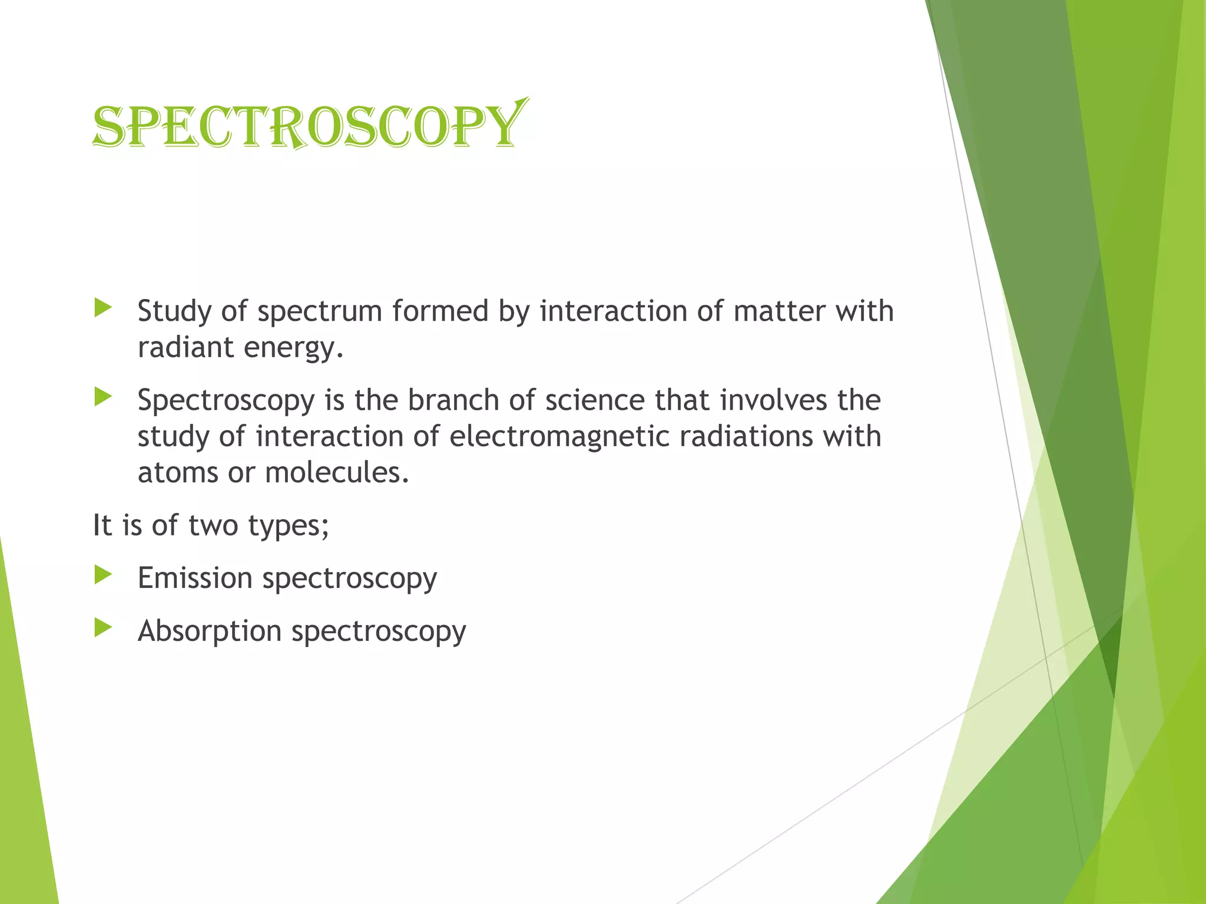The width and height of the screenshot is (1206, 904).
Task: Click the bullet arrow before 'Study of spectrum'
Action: (103, 308)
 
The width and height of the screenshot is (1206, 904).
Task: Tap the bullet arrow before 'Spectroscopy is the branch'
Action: (103, 397)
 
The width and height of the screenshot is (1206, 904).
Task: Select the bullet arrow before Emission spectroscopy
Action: (103, 575)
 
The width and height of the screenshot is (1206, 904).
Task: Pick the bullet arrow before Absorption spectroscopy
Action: (103, 628)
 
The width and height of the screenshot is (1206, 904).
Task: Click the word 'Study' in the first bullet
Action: (174, 311)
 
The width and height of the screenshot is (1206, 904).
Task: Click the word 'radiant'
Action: (185, 347)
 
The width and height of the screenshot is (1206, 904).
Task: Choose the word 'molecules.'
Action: (337, 473)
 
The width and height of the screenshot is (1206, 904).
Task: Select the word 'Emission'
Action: (195, 577)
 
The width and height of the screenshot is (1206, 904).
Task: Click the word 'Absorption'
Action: (210, 632)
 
